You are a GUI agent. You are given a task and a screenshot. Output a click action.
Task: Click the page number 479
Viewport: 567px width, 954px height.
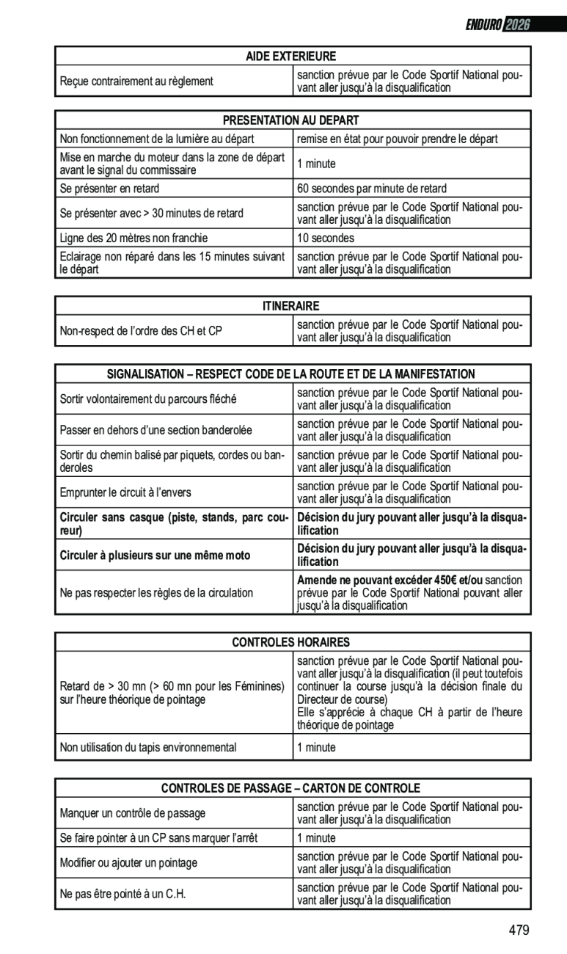pos(518,931)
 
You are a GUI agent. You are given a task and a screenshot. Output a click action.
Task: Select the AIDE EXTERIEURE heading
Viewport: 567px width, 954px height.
pos(290,56)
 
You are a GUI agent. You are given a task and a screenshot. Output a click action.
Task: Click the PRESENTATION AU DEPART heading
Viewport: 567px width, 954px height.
pos(290,120)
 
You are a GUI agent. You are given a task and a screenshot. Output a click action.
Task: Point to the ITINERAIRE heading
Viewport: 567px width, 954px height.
pos(290,305)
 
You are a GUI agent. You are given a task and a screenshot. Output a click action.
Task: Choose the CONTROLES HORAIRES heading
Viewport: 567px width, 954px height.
pos(290,642)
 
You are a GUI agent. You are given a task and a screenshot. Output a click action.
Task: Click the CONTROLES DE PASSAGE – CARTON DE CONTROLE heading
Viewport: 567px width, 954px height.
pos(290,788)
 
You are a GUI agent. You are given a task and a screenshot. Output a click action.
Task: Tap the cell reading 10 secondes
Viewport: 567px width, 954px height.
pos(326,238)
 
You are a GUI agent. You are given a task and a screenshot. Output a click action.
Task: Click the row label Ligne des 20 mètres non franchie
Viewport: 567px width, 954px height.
pos(133,238)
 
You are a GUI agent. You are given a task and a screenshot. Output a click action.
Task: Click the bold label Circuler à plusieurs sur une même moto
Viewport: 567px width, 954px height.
pos(155,556)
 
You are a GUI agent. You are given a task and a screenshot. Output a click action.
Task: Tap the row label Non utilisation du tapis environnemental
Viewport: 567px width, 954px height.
pos(148,748)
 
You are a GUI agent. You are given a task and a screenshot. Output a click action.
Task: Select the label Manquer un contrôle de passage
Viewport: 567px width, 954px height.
pos(133,813)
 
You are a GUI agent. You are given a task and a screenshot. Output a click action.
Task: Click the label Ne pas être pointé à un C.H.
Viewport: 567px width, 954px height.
pos(122,895)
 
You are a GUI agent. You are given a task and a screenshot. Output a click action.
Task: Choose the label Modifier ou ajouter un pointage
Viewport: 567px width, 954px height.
pos(128,863)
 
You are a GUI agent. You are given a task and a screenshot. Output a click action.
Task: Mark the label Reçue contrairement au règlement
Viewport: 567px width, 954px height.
pos(136,81)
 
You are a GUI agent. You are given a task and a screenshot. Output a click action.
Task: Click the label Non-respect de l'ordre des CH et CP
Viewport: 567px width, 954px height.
pos(141,331)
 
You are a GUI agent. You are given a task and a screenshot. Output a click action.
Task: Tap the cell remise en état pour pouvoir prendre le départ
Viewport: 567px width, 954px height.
pos(397,139)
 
